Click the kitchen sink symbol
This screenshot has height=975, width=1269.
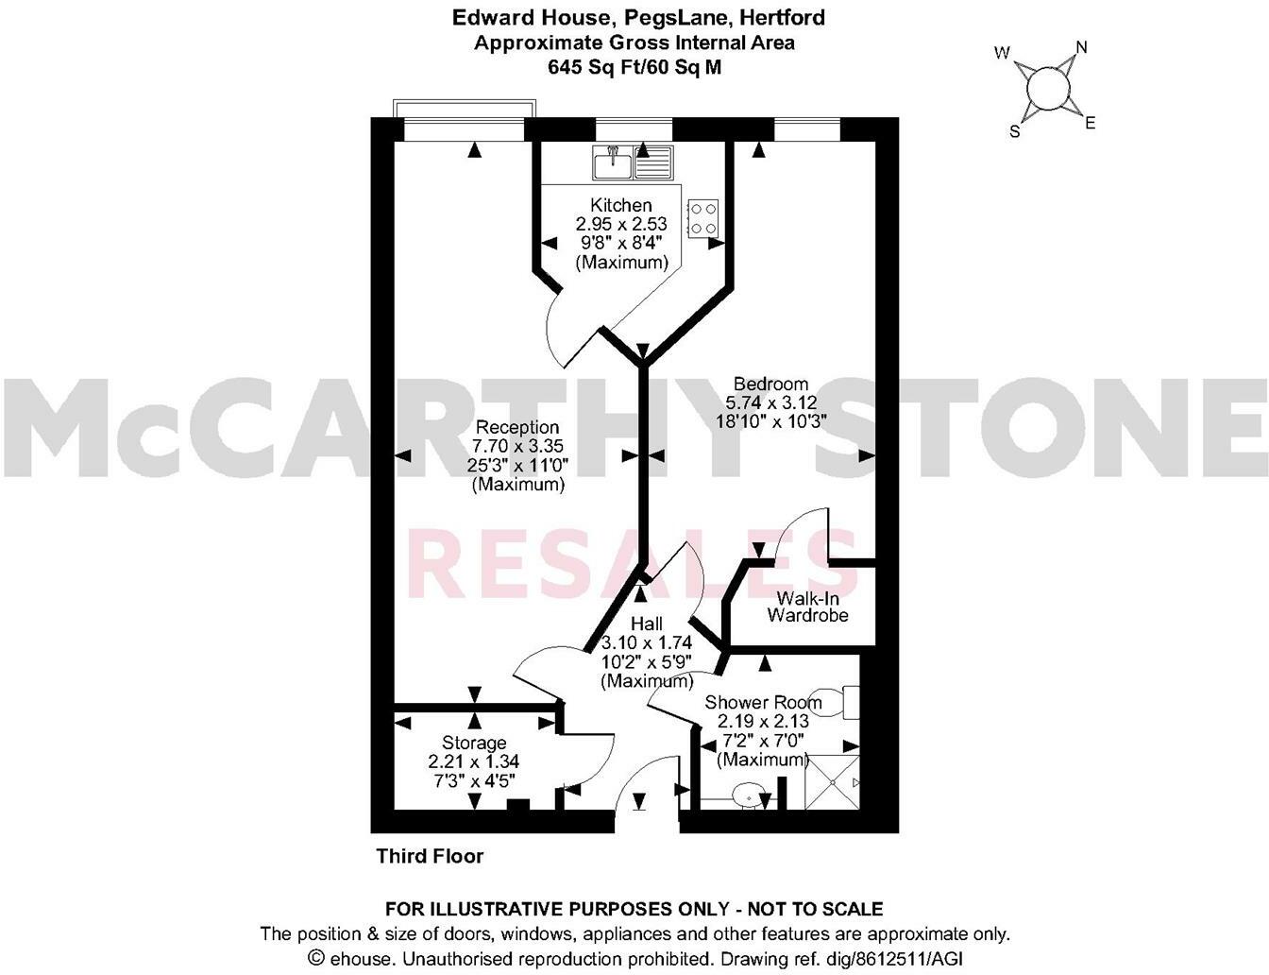point(632,162)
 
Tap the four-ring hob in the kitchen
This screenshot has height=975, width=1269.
point(702,218)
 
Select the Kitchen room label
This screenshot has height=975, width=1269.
point(620,205)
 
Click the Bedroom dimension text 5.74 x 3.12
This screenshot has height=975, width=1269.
point(771,402)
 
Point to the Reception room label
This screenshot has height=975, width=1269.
point(516,427)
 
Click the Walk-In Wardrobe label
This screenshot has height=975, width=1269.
point(807,607)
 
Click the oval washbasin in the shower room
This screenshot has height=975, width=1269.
point(752,795)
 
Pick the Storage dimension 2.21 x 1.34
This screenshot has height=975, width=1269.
point(473,761)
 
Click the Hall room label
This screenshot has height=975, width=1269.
point(647,624)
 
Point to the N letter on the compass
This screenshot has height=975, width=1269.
point(1082,47)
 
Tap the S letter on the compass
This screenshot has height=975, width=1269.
point(1015,132)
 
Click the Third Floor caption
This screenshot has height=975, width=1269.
point(430,856)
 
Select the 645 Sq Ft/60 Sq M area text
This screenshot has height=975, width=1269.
point(634,67)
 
